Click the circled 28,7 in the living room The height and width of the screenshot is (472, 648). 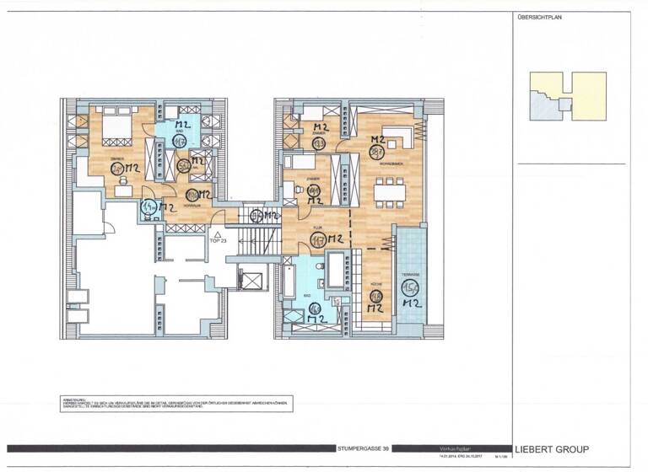pyautogui.click(x=376, y=153)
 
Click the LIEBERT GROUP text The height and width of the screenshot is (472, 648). pyautogui.click(x=552, y=449)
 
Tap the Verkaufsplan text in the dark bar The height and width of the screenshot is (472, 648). pyautogui.click(x=452, y=448)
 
